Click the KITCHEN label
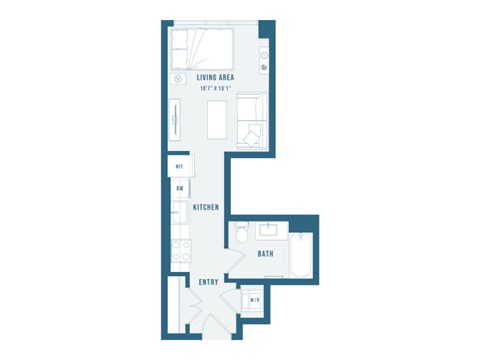(206, 207)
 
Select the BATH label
(265, 254)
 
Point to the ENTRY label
(208, 282)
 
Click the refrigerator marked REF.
(179, 166)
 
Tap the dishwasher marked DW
(180, 188)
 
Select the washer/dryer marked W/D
(254, 300)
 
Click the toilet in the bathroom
(239, 233)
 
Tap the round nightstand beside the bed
(179, 78)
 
